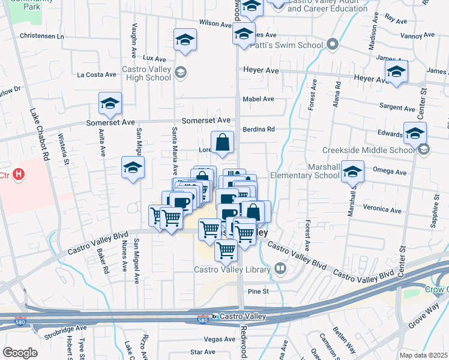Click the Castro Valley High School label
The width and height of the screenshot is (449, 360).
(x=146, y=73)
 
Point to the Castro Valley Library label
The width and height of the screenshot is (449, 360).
(x=232, y=269)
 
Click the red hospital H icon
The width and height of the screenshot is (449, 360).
(x=19, y=175)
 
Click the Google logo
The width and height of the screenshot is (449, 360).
(x=19, y=353)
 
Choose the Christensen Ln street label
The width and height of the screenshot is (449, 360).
(x=41, y=36)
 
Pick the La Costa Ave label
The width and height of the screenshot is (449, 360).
(x=97, y=75)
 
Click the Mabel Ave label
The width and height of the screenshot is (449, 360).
(x=258, y=99)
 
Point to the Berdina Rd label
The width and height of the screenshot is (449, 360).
(x=259, y=129)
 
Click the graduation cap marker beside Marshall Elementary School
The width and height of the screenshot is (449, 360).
(x=353, y=171)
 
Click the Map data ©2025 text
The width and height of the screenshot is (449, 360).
(x=423, y=355)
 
